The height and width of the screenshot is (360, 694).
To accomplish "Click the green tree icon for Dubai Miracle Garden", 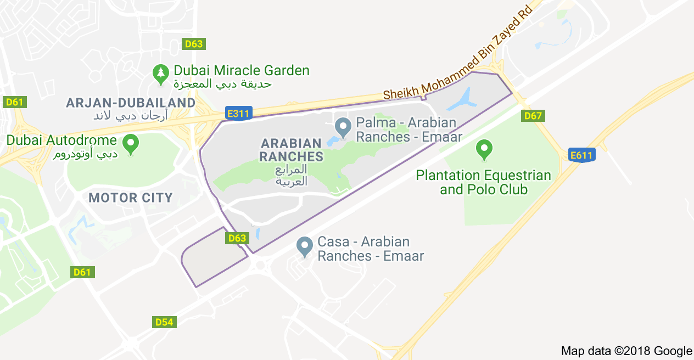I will (161, 72).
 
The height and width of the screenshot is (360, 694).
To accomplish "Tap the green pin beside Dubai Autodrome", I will (131, 144).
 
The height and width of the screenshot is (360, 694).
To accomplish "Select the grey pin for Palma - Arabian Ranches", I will (344, 127).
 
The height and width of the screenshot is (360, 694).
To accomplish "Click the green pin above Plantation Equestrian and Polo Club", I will (484, 149).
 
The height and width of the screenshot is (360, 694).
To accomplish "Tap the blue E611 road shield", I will (581, 155).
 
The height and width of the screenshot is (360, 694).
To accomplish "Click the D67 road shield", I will (533, 116).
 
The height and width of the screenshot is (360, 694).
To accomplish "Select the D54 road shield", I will (164, 322).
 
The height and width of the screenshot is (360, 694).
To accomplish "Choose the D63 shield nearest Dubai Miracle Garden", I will (194, 44).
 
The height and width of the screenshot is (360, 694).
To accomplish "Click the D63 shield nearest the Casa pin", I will (237, 238).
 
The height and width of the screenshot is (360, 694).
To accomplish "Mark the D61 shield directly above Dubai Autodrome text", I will (15, 102).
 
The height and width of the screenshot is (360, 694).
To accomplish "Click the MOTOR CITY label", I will (131, 198).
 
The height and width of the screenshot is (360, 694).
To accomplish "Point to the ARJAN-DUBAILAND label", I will (130, 103).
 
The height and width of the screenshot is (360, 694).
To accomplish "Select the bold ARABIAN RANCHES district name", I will (292, 150).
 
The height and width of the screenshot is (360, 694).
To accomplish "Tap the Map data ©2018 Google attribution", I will (626, 351).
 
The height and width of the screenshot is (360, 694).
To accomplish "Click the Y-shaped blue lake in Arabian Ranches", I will (464, 99).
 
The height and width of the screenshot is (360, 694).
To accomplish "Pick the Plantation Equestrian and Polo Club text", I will (483, 182).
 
